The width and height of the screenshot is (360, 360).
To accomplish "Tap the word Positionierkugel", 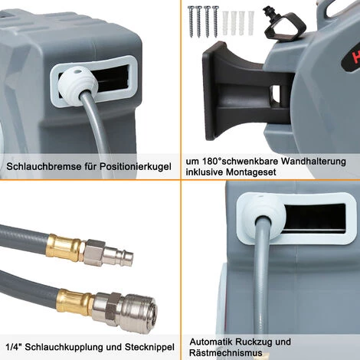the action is coord(136,167).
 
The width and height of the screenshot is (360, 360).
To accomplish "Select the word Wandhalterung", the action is coord(313,162).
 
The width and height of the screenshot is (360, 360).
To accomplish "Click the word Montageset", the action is coord(251,172).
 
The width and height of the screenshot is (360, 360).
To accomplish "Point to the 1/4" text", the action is coord(14,347).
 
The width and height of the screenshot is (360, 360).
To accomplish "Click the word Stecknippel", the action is coord(149,347).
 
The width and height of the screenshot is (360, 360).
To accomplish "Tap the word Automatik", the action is coord(211,342).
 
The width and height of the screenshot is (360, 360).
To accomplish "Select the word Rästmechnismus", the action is coord(226,353).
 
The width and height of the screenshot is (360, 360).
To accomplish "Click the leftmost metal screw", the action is coord(191,21).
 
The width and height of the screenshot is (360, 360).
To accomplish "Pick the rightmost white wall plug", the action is coord(250,23).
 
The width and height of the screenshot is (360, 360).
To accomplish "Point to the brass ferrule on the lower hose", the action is coord(75,301).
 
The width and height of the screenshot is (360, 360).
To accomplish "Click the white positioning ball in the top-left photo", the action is coord(77,82).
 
